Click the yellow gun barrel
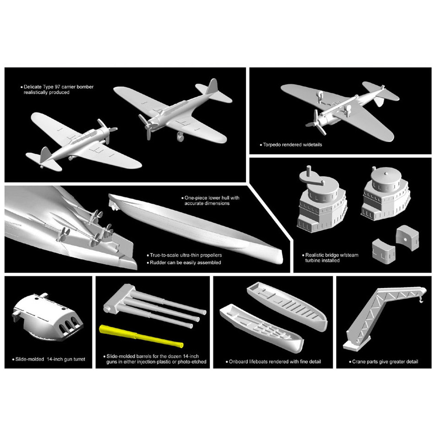pyautogui.click(x=141, y=336)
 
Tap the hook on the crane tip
pyautogui.click(x=421, y=299)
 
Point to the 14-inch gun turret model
pyautogui.click(x=48, y=317)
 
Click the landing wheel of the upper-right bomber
pyautogui.click(x=180, y=136)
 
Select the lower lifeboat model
pyautogui.click(x=261, y=327)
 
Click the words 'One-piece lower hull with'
pyautogui.click(x=211, y=198)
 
